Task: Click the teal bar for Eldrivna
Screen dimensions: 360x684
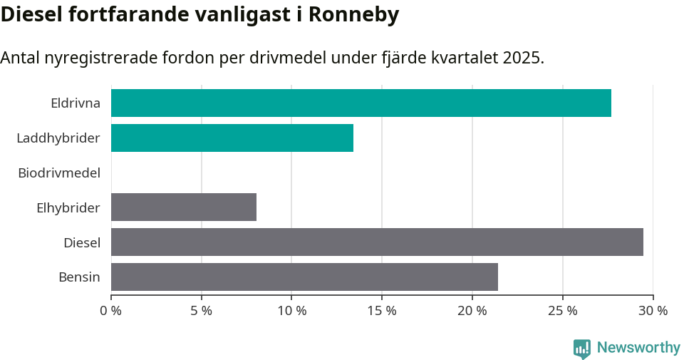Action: (x=361, y=103)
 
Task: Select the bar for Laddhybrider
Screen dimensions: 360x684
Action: (x=232, y=138)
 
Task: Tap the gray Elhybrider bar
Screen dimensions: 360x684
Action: (x=183, y=207)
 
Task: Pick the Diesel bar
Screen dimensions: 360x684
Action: (x=377, y=242)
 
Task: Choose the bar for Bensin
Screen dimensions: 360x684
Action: (x=304, y=277)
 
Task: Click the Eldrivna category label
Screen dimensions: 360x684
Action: (x=76, y=103)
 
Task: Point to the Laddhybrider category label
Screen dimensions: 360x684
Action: (x=58, y=138)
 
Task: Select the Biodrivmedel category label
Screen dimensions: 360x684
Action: (x=59, y=173)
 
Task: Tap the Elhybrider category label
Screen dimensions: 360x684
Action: (x=68, y=207)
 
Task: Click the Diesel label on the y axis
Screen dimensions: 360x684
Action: (x=82, y=242)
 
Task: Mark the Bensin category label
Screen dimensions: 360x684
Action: (x=79, y=277)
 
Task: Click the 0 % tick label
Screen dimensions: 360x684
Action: (x=111, y=311)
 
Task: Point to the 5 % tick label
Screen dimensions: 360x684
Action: (x=202, y=311)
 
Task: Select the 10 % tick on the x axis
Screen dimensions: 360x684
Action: (x=291, y=311)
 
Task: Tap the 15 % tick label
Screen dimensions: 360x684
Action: (x=382, y=311)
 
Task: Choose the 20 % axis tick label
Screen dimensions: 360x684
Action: (x=472, y=311)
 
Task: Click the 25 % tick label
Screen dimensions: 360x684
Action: (x=562, y=311)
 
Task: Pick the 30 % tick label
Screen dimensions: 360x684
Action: (x=653, y=311)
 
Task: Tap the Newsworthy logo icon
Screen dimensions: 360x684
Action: (x=582, y=348)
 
